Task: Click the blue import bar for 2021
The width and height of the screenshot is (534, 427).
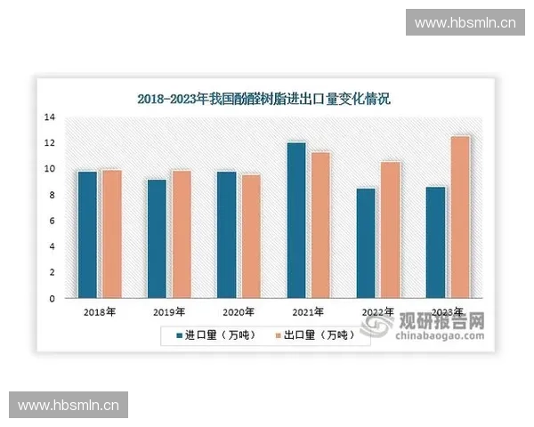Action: [x=295, y=220]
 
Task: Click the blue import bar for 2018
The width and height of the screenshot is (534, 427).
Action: [x=87, y=234]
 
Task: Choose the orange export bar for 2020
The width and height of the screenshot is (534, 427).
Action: [x=250, y=236]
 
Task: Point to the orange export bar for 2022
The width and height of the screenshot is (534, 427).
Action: [x=389, y=230]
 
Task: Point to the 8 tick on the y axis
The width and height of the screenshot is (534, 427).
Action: [x=52, y=195]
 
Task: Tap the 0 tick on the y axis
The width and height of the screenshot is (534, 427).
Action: [x=52, y=298]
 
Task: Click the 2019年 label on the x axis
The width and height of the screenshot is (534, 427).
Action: [x=169, y=312]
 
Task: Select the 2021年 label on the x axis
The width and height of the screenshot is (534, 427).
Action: [x=308, y=312]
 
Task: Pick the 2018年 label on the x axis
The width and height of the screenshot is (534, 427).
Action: [x=99, y=312]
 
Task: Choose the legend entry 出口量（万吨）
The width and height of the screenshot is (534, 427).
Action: [x=314, y=335]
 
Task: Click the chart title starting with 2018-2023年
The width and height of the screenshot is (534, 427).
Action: [x=263, y=99]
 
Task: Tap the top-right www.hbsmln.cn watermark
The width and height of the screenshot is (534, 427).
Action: [x=465, y=22]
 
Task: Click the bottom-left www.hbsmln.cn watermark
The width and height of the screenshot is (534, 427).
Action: [x=68, y=406]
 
